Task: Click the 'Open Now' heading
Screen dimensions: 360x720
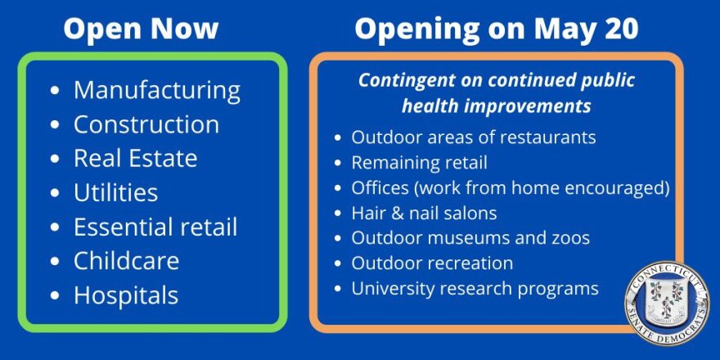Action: [x=141, y=29]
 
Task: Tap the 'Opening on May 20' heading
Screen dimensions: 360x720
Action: [x=497, y=29]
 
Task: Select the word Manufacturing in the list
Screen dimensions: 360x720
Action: [x=157, y=90]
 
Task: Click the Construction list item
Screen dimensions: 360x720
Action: [x=146, y=124]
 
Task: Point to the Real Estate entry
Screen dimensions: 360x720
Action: [x=135, y=158]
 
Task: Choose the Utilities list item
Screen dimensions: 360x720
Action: [x=115, y=192]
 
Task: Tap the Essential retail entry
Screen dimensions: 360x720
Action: [x=155, y=227]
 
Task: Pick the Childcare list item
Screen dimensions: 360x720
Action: [x=126, y=260]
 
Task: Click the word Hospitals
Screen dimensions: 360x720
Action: [x=126, y=295]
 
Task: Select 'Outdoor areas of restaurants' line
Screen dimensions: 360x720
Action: [x=473, y=137]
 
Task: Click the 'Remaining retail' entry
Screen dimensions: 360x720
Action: [x=419, y=162]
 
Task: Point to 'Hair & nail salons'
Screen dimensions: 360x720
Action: [x=424, y=213]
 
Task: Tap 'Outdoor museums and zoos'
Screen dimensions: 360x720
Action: [x=470, y=238]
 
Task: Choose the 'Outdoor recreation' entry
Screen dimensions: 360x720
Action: [x=432, y=263]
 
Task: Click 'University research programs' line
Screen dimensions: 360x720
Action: [x=475, y=289]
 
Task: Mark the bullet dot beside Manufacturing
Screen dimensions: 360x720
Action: [x=55, y=91]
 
